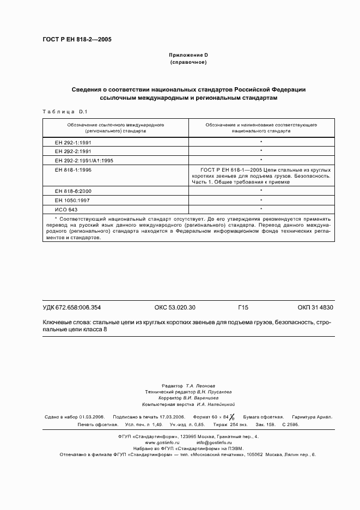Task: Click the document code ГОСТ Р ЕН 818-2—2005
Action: [x=77, y=40]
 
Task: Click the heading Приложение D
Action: [x=188, y=55]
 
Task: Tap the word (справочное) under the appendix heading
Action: [x=188, y=62]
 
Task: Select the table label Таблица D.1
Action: [x=61, y=112]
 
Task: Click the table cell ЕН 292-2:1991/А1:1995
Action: [x=84, y=160]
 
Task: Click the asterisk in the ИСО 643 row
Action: [x=261, y=209]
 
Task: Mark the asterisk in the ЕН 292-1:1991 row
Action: [x=261, y=142]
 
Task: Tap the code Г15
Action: [x=243, y=307]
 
